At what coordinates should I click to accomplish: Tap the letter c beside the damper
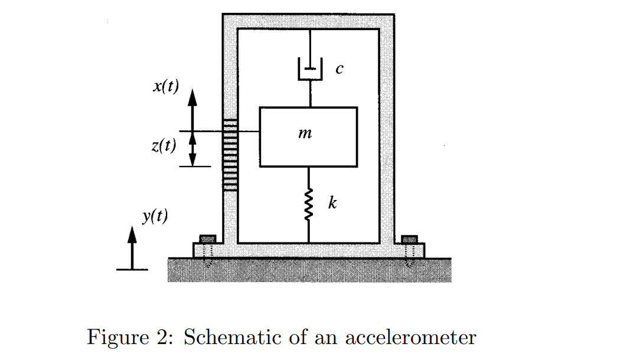(x=339, y=69)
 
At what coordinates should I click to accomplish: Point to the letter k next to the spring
(x=332, y=204)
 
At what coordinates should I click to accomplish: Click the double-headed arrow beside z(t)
(x=192, y=149)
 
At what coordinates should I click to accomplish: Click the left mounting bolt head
(x=208, y=238)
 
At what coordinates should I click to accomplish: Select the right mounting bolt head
(x=409, y=238)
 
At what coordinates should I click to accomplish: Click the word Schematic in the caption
(x=234, y=338)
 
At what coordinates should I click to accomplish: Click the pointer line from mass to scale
(x=249, y=131)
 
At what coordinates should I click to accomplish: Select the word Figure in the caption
(x=116, y=338)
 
